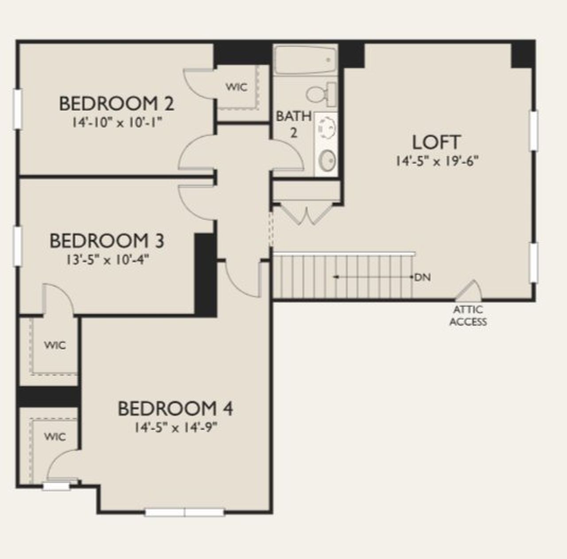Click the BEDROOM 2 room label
pyautogui.click(x=116, y=104)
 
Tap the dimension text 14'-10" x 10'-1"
pyautogui.click(x=116, y=122)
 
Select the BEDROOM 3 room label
pyautogui.click(x=107, y=241)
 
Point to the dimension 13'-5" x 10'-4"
pyautogui.click(x=107, y=259)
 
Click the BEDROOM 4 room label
pyautogui.click(x=175, y=409)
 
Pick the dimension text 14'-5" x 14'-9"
pyautogui.click(x=175, y=428)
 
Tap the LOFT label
pyautogui.click(x=436, y=142)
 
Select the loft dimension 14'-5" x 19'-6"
pyautogui.click(x=437, y=161)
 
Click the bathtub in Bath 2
pyautogui.click(x=305, y=60)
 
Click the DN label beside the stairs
pyautogui.click(x=423, y=278)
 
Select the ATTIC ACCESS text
pyautogui.click(x=468, y=316)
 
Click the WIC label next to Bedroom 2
pyautogui.click(x=237, y=87)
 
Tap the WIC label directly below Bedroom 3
pyautogui.click(x=55, y=345)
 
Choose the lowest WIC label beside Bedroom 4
pyautogui.click(x=55, y=437)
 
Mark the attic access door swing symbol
pyautogui.click(x=470, y=291)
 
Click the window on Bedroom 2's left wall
pyautogui.click(x=17, y=109)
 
